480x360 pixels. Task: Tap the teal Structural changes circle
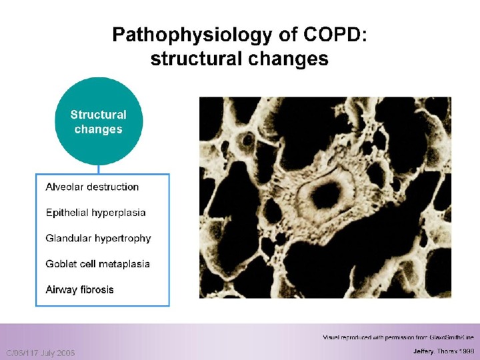point(99,121)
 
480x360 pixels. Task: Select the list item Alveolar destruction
point(92,187)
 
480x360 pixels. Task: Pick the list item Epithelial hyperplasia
point(95,213)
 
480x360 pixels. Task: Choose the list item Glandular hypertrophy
point(98,238)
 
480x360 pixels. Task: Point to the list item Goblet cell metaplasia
point(97,264)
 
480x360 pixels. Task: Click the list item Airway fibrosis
point(79,289)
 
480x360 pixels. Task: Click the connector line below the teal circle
point(99,169)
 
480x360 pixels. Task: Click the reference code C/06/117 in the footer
point(25,352)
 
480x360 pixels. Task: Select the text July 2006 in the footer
point(61,352)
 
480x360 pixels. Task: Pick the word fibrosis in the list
point(97,289)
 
